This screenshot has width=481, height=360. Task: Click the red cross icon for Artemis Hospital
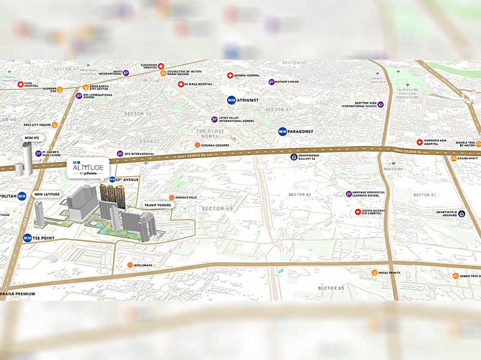230,75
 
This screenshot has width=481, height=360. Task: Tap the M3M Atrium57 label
247,100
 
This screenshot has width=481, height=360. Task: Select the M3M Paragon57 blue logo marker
282,132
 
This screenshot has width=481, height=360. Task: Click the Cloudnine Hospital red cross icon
161,66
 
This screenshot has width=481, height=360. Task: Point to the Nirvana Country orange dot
197,145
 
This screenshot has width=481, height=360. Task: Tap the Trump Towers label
157,205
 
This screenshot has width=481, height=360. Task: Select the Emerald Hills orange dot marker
171,197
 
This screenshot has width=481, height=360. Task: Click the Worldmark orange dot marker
130,265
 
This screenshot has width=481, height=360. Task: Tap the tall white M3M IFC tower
27,158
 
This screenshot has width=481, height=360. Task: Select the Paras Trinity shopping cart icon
374,273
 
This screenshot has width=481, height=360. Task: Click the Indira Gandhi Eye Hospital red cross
358,212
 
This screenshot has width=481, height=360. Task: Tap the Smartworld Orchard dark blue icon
461,213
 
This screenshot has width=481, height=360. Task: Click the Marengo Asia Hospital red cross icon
420,142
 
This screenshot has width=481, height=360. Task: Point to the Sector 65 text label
217,208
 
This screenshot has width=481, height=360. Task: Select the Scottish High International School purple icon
380,104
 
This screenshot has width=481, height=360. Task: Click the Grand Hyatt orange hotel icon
453,158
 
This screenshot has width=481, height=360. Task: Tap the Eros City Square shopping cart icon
55,125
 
